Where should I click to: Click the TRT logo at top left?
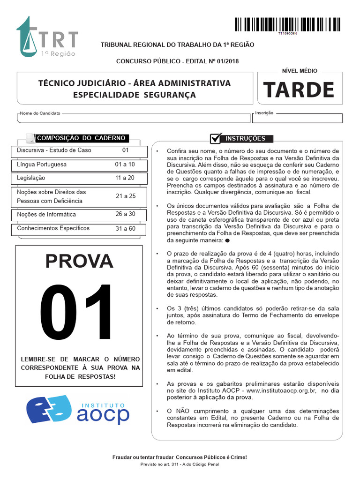point(47,37)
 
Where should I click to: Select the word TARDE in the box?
point(299,90)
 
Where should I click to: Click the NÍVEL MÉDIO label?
point(299,71)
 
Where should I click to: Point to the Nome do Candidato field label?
point(40,113)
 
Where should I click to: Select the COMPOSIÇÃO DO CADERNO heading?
point(81,138)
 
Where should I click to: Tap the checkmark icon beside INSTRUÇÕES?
point(216,138)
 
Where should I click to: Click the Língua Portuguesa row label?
point(42,165)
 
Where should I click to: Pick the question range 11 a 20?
point(125,178)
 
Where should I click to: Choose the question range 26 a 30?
point(125,214)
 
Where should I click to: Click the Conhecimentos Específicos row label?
point(53,228)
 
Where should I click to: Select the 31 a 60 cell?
point(125,228)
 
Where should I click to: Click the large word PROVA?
point(79,261)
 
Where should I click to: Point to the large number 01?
point(78,313)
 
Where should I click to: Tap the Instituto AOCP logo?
point(78,410)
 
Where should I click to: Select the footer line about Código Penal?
point(180,464)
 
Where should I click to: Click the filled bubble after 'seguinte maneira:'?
point(227,240)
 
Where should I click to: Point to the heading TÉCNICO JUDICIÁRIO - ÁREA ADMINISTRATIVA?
point(134,83)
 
